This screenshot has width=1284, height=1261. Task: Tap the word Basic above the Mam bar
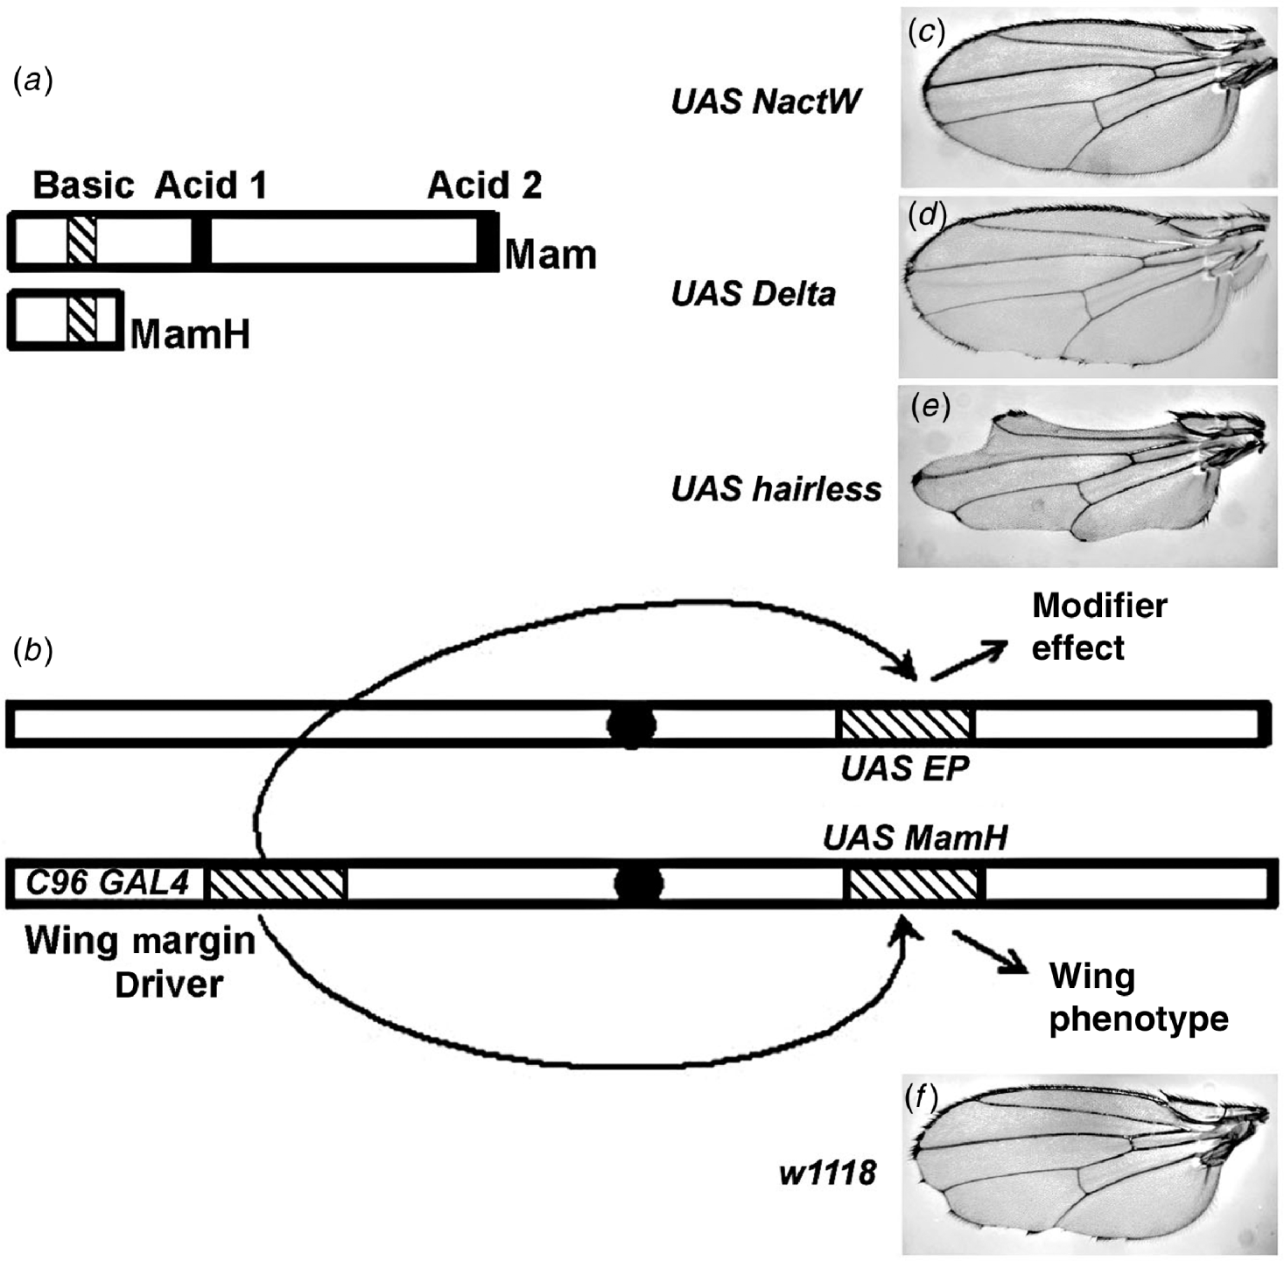point(83,186)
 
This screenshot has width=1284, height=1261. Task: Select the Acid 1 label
point(210,186)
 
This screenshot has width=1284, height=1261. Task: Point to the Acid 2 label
point(484,186)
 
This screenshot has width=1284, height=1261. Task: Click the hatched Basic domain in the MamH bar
point(81,319)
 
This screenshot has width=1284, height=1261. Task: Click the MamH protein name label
point(190,334)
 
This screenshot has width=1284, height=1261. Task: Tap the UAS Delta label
point(753,294)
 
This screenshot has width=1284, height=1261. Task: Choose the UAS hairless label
point(775,489)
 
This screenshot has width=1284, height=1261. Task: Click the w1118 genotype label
point(828,1172)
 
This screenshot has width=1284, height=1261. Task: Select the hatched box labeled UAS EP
point(906,725)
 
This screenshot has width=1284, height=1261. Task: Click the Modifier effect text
point(1098,627)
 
